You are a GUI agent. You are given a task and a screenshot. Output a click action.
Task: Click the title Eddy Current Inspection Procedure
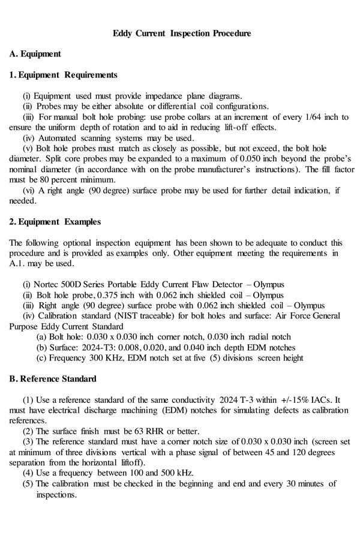click(182, 33)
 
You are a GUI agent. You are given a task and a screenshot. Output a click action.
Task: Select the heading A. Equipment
click(35, 54)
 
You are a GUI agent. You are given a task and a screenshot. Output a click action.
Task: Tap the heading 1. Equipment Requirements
click(63, 75)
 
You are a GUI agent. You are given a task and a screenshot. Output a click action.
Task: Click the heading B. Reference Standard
click(53, 379)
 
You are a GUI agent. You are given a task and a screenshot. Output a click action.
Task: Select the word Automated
click(52, 138)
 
